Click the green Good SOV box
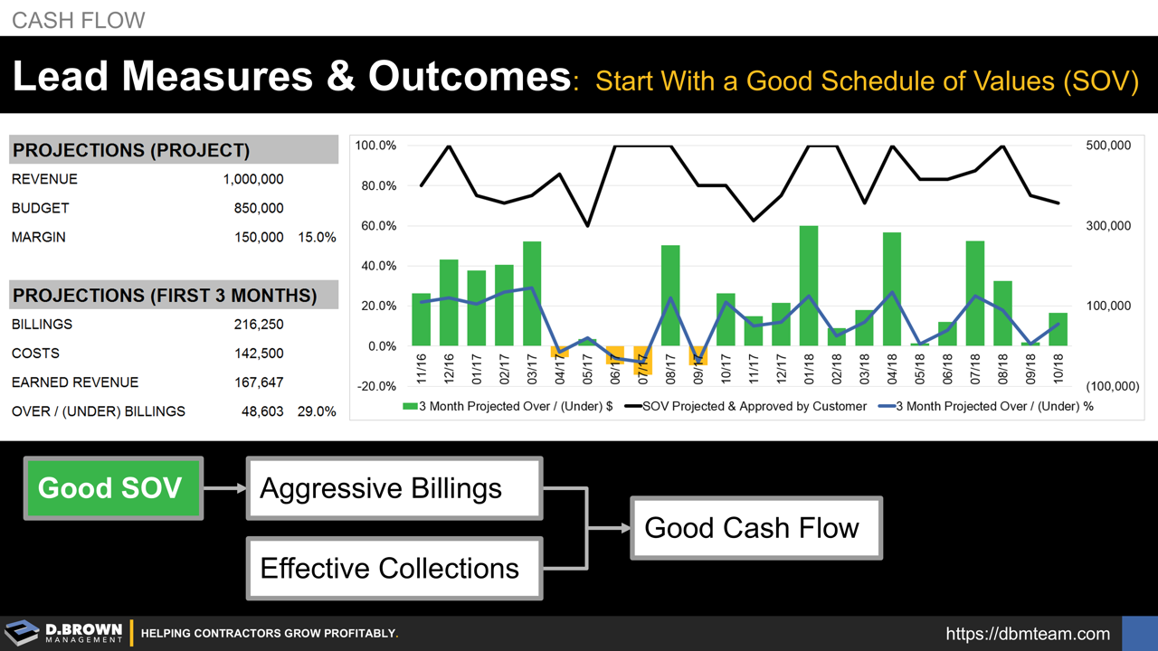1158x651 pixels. click(111, 488)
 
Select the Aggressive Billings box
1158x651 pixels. click(394, 488)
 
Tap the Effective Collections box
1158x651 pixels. click(394, 568)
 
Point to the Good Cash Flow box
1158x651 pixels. click(755, 527)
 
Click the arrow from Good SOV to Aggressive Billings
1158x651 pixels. click(224, 488)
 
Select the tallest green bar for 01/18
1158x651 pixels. click(809, 286)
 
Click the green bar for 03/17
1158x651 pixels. click(532, 294)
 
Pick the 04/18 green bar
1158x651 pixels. click(892, 289)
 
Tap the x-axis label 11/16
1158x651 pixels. click(422, 368)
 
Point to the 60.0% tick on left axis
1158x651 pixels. click(375, 226)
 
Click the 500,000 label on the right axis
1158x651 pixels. click(1107, 146)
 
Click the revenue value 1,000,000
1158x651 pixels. click(253, 179)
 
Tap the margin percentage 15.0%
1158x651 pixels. click(317, 237)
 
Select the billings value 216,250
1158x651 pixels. click(259, 324)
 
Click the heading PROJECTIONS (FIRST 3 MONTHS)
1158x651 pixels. click(165, 296)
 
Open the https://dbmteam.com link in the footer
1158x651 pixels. click(1028, 634)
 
